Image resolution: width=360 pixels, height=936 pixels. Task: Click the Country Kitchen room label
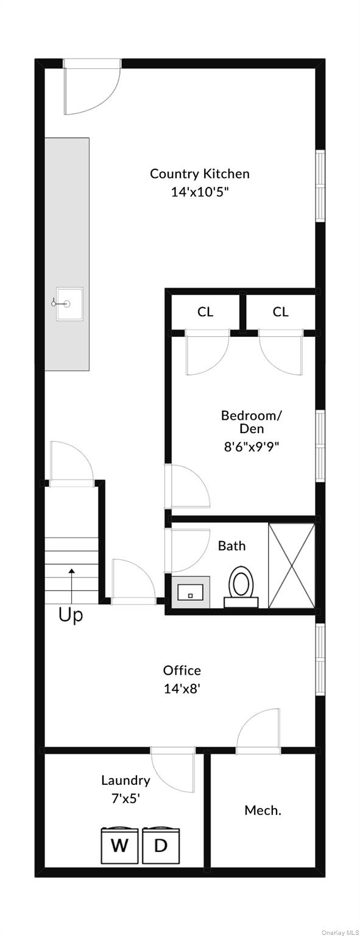point(200,174)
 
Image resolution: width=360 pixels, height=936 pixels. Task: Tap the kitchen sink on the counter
point(69,304)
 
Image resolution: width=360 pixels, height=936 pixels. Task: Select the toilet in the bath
point(241,586)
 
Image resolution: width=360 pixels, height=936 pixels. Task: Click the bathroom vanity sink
point(191,592)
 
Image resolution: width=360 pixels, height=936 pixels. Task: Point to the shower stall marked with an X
point(292,565)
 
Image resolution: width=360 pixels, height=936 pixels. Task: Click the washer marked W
point(119,846)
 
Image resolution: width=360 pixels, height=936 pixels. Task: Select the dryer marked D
point(161,846)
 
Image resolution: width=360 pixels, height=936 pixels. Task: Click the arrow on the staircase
point(72,586)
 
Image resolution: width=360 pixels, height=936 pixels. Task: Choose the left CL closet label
point(205,312)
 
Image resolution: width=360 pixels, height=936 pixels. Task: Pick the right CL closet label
point(281,312)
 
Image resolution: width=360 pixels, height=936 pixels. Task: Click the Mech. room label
point(263,810)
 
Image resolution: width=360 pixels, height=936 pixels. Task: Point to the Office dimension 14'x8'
point(182,689)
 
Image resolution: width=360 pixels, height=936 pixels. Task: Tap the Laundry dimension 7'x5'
point(125,798)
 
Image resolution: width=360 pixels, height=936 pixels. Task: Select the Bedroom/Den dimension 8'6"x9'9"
point(252,447)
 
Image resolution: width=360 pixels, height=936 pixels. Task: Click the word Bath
point(232,546)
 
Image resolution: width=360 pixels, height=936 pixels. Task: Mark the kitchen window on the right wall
point(320,185)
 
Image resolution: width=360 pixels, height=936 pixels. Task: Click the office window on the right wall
point(320,660)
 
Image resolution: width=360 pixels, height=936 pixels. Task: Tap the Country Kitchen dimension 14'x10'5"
point(200,192)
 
